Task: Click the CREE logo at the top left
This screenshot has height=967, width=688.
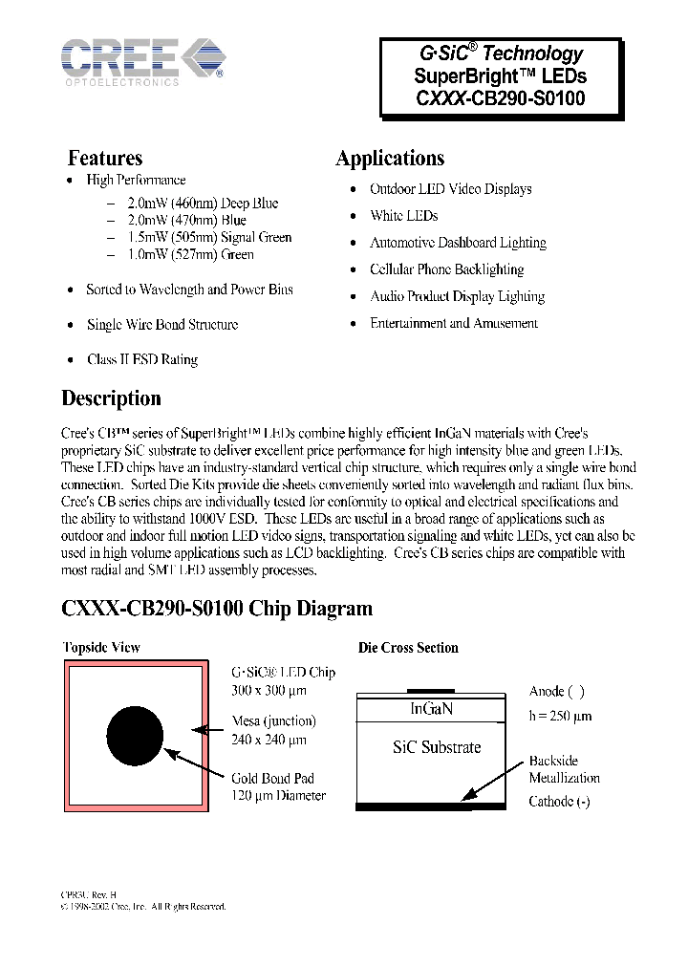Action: pyautogui.click(x=143, y=60)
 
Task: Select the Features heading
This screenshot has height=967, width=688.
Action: pyautogui.click(x=105, y=158)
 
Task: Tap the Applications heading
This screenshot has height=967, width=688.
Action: pyautogui.click(x=390, y=159)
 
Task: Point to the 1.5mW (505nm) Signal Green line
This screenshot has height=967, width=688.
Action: pyautogui.click(x=209, y=237)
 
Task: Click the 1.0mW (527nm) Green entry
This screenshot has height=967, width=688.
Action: pyautogui.click(x=190, y=254)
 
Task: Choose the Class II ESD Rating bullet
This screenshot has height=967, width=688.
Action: pyautogui.click(x=141, y=360)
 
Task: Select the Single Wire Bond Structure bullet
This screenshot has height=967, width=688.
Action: pyautogui.click(x=161, y=325)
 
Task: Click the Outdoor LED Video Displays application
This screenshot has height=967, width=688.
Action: pyautogui.click(x=450, y=189)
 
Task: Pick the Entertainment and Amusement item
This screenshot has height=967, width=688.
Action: pyautogui.click(x=454, y=323)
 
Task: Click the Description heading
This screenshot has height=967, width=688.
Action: pyautogui.click(x=111, y=398)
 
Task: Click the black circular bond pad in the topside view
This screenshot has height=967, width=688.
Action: pyautogui.click(x=135, y=737)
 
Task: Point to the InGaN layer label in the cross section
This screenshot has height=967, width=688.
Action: pyautogui.click(x=431, y=709)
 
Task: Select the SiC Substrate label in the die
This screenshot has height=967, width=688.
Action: pyautogui.click(x=437, y=747)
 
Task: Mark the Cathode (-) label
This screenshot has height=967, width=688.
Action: pyautogui.click(x=559, y=802)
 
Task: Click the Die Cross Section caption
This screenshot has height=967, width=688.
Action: pyautogui.click(x=408, y=648)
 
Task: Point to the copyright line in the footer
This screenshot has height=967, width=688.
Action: pyautogui.click(x=143, y=906)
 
